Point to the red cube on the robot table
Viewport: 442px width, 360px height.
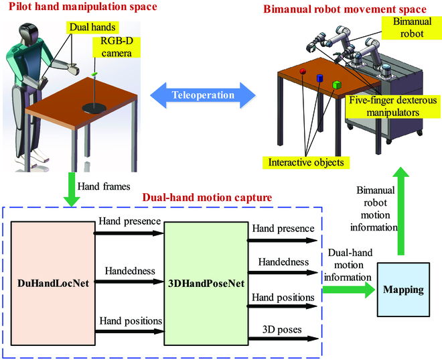pos(302,70)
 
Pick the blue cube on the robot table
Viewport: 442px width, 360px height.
pos(320,78)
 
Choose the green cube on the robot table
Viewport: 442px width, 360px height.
pos(338,84)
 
